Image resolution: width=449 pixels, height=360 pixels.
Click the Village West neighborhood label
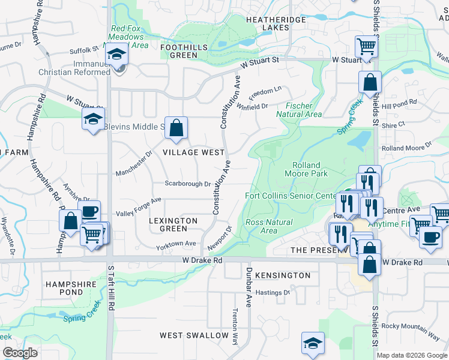(193, 153)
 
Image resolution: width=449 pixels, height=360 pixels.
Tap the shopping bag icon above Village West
(176, 128)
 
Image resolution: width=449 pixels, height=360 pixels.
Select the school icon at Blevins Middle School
(94, 119)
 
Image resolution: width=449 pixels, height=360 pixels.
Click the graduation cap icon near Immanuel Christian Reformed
(116, 56)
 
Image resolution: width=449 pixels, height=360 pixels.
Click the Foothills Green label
(184, 51)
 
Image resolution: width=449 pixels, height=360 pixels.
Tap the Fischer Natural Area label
(299, 110)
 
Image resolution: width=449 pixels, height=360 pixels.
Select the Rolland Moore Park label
(310, 169)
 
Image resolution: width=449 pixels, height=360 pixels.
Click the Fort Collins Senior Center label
(291, 196)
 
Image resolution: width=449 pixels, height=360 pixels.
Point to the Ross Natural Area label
(270, 226)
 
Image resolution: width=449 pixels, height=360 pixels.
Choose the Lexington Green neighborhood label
(173, 224)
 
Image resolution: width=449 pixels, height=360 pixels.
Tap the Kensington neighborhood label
(283, 275)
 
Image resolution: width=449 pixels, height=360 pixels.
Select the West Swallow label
(194, 335)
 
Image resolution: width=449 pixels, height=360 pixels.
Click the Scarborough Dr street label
(188, 184)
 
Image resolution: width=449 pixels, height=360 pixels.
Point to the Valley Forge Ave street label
(139, 208)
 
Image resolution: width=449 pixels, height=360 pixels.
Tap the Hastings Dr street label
(273, 293)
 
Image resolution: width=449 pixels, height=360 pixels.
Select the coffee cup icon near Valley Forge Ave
(89, 211)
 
